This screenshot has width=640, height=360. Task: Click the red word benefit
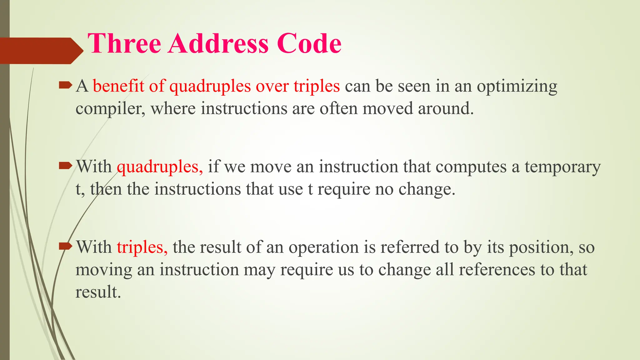[x=118, y=86]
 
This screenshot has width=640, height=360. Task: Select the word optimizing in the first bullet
[x=517, y=87]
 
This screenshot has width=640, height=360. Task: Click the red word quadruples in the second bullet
[x=160, y=167]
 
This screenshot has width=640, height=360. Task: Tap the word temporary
[x=562, y=167]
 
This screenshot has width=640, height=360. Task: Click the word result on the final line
[x=98, y=292]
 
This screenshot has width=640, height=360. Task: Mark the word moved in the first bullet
[x=387, y=108]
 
